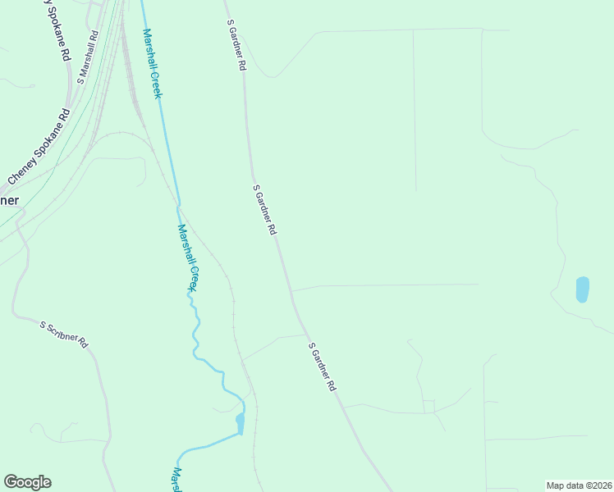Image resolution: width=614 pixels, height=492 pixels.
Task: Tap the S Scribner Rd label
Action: click(x=64, y=335)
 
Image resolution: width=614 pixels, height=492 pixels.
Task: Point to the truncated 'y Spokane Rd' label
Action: click(x=57, y=30)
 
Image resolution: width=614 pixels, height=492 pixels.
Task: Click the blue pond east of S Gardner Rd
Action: click(x=582, y=289)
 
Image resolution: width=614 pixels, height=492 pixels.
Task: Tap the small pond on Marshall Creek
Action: click(x=240, y=422)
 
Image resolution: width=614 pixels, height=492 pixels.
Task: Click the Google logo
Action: click(x=27, y=482)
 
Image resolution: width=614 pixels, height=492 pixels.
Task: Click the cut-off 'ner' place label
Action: click(x=9, y=200)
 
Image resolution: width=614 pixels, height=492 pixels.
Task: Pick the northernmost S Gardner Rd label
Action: click(x=236, y=46)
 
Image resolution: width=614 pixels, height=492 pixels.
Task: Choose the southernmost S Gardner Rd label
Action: click(x=323, y=366)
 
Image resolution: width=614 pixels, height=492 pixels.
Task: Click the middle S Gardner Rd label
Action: click(x=264, y=211)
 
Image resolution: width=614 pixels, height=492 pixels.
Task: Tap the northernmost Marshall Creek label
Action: click(x=152, y=63)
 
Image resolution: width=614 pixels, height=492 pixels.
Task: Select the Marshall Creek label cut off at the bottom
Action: click(x=176, y=480)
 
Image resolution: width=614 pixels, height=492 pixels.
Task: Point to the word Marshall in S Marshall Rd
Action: click(x=89, y=53)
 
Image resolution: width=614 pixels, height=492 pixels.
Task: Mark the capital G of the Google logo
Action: click(x=11, y=482)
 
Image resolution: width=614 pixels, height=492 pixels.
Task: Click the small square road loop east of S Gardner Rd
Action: click(x=428, y=407)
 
